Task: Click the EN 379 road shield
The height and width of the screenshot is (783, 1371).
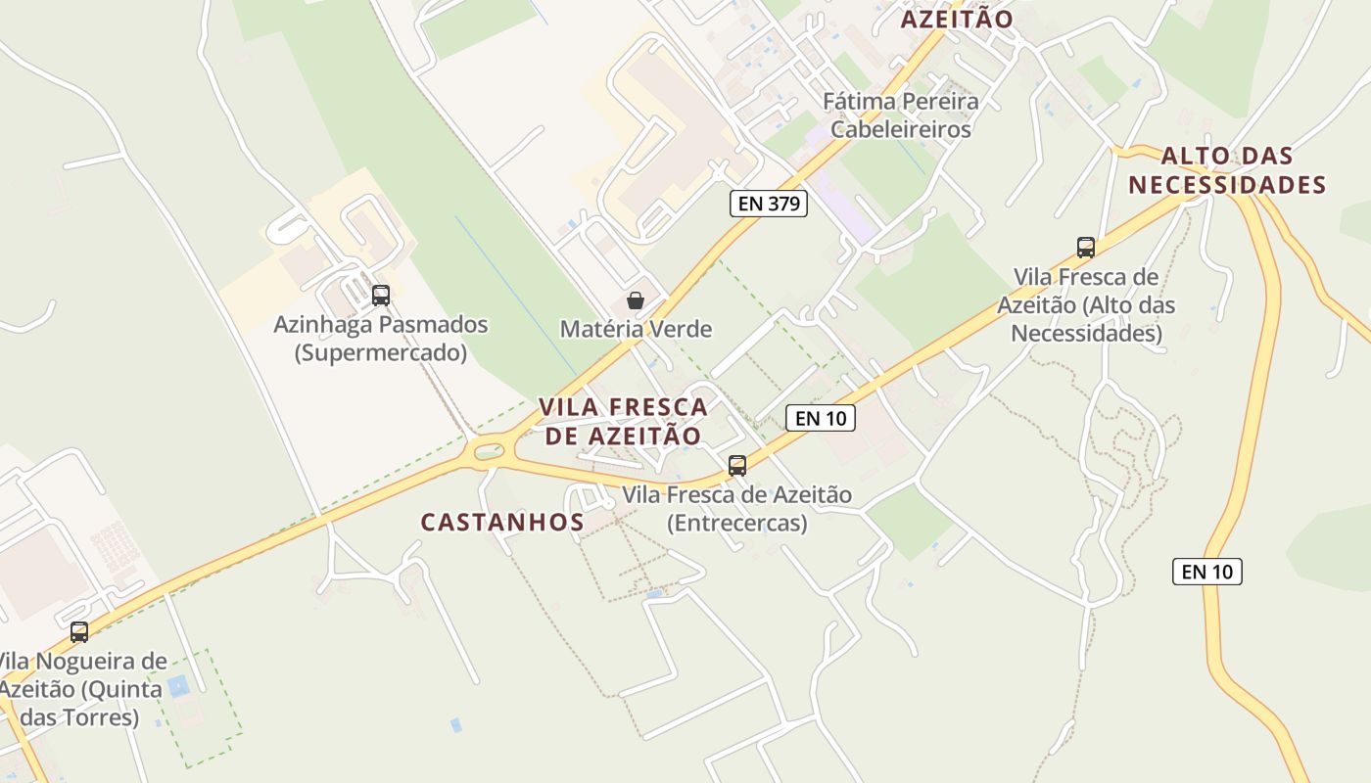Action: (x=769, y=204)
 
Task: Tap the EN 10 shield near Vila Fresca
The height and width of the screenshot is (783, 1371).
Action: (x=821, y=419)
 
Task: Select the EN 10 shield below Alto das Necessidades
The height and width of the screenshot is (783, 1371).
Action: (x=1206, y=572)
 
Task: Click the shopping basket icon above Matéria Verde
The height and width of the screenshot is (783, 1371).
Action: (x=636, y=300)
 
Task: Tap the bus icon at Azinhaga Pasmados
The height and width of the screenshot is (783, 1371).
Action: (x=381, y=295)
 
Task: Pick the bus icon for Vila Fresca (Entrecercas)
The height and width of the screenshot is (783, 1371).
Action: (x=737, y=466)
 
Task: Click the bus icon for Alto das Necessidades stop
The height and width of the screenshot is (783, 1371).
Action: (x=1085, y=248)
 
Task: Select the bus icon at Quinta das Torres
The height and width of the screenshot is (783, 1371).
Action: (x=79, y=632)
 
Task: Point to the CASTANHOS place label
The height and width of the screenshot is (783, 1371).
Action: (x=502, y=523)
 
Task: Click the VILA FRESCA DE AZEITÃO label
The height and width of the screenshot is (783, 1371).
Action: (x=623, y=421)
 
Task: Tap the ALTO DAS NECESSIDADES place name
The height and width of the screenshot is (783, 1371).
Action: (x=1227, y=170)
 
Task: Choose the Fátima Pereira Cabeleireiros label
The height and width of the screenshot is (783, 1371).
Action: (x=900, y=115)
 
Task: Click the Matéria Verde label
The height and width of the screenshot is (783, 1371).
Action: (x=636, y=329)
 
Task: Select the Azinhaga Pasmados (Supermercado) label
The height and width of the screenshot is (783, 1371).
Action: (x=380, y=338)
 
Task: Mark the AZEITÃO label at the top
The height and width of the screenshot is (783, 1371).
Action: (x=956, y=19)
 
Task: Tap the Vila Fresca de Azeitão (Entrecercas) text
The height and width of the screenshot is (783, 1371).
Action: (x=737, y=509)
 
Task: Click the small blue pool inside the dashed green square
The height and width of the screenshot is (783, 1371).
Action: (x=179, y=685)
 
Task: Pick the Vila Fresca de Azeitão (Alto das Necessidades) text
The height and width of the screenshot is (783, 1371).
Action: (x=1086, y=304)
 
